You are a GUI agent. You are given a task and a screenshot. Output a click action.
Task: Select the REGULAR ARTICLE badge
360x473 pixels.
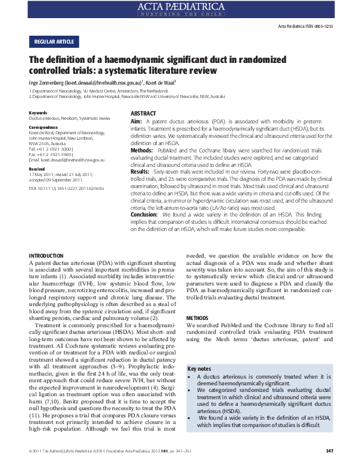(53, 42)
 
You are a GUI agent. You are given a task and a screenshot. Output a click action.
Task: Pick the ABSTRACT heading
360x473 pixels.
(143, 114)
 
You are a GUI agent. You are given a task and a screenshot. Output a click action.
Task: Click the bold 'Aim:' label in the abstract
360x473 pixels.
(137, 122)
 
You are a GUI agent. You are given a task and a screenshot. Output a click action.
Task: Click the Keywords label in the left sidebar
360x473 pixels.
(38, 113)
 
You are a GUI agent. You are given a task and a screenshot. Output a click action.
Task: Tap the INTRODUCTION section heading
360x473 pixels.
(47, 256)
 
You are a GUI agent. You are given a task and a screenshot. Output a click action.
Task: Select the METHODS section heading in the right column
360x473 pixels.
(197, 318)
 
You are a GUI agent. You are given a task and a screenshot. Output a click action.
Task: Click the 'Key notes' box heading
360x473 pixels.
(200, 368)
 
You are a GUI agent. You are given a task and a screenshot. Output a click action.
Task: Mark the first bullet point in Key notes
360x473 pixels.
(191, 378)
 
